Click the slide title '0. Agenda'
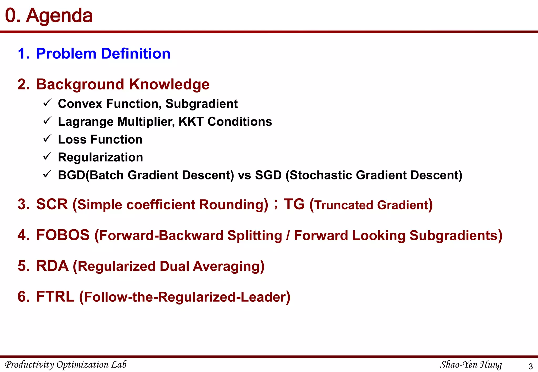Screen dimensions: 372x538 click(x=49, y=16)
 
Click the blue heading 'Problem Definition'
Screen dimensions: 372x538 click(x=103, y=54)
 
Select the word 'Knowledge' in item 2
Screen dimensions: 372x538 click(x=169, y=84)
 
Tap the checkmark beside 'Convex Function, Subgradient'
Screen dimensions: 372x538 click(x=47, y=103)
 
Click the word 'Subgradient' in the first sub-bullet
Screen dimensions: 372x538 click(x=201, y=104)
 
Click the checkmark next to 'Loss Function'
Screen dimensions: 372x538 click(x=47, y=139)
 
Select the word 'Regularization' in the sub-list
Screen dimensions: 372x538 click(x=100, y=157)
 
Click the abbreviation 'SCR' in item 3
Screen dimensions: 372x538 click(x=52, y=204)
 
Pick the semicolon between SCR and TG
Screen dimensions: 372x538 click(x=276, y=204)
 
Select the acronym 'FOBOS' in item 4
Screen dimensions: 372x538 click(x=63, y=235)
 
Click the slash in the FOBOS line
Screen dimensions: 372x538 click(x=288, y=236)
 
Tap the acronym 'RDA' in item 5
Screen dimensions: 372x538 click(x=52, y=266)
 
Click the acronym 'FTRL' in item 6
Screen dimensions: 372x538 click(x=55, y=297)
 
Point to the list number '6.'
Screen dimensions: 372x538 click(x=24, y=297)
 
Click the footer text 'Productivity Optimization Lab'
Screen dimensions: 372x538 click(x=66, y=365)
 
